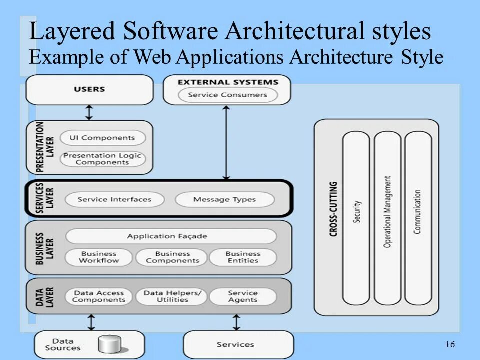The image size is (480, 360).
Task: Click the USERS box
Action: coord(90,90)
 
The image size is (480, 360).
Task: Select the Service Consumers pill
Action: coord(227,95)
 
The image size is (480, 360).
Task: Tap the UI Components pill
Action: coord(102,138)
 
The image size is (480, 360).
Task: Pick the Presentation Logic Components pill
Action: coord(102,159)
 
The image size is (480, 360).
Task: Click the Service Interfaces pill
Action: coord(114,199)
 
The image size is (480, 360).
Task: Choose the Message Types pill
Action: coord(224,199)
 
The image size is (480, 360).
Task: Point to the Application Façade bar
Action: coord(170,236)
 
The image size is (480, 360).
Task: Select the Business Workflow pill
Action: coord(99,257)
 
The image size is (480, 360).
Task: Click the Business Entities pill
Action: coord(243,257)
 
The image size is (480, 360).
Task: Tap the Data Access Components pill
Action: coord(99,296)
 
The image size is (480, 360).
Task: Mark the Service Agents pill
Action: coord(243,296)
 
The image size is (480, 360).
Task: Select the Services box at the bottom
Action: coord(236,344)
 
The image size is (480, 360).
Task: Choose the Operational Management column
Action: coord(387,218)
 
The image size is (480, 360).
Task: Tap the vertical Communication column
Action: coord(418,218)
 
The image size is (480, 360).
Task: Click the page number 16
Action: coord(450,344)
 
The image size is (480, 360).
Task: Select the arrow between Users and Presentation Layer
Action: coord(89,112)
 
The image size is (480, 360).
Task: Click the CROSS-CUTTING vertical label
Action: coord(334,209)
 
